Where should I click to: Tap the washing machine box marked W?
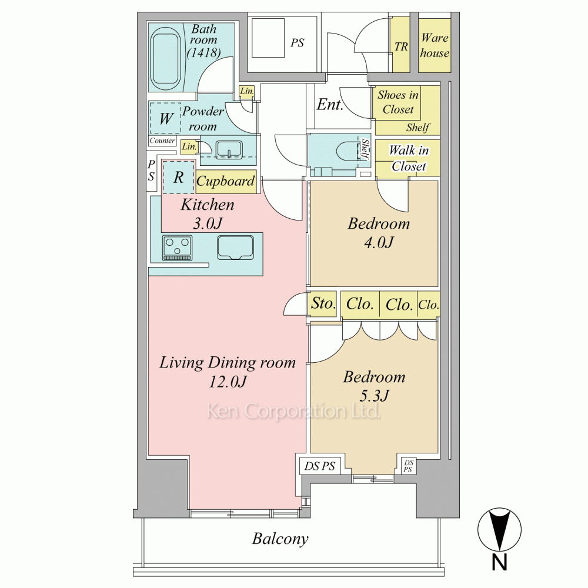click(165, 118)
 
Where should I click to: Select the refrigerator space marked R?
click(179, 177)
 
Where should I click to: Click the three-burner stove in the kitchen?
click(178, 248)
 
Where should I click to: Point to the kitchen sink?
click(236, 248)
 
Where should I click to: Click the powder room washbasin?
click(229, 149)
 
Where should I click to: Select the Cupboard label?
click(225, 182)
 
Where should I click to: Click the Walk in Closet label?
click(409, 158)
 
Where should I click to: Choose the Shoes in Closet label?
click(398, 102)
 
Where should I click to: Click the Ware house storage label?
click(435, 45)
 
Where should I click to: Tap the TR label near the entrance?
click(401, 46)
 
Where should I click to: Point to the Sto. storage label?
click(323, 303)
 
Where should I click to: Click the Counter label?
click(162, 141)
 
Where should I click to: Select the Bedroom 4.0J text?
click(379, 233)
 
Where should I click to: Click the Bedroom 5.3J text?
click(374, 386)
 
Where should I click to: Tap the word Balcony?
click(280, 539)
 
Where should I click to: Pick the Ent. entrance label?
click(330, 104)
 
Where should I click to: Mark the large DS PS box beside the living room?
click(319, 466)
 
